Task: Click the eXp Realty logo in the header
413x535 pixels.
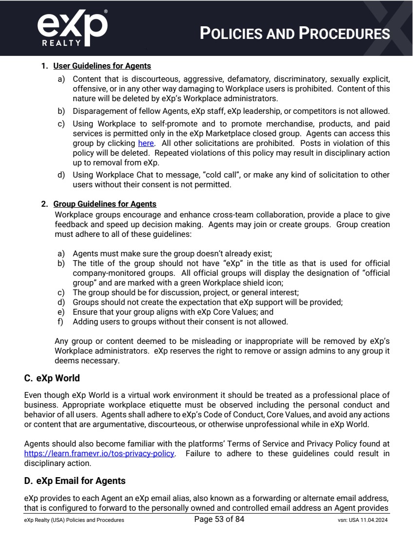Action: click(72, 28)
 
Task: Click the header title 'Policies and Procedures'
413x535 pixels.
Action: click(295, 34)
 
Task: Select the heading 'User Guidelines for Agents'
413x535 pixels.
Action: click(102, 66)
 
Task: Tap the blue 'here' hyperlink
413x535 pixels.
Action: click(146, 143)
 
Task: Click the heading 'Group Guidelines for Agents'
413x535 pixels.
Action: click(105, 204)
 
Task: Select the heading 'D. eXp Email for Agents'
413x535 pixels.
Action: click(75, 481)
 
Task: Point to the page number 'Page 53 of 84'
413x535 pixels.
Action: click(219, 519)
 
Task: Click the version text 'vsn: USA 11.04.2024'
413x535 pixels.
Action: click(359, 520)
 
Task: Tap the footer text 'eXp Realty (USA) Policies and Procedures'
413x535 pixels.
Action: click(74, 520)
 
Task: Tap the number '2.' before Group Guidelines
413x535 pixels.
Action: click(44, 204)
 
